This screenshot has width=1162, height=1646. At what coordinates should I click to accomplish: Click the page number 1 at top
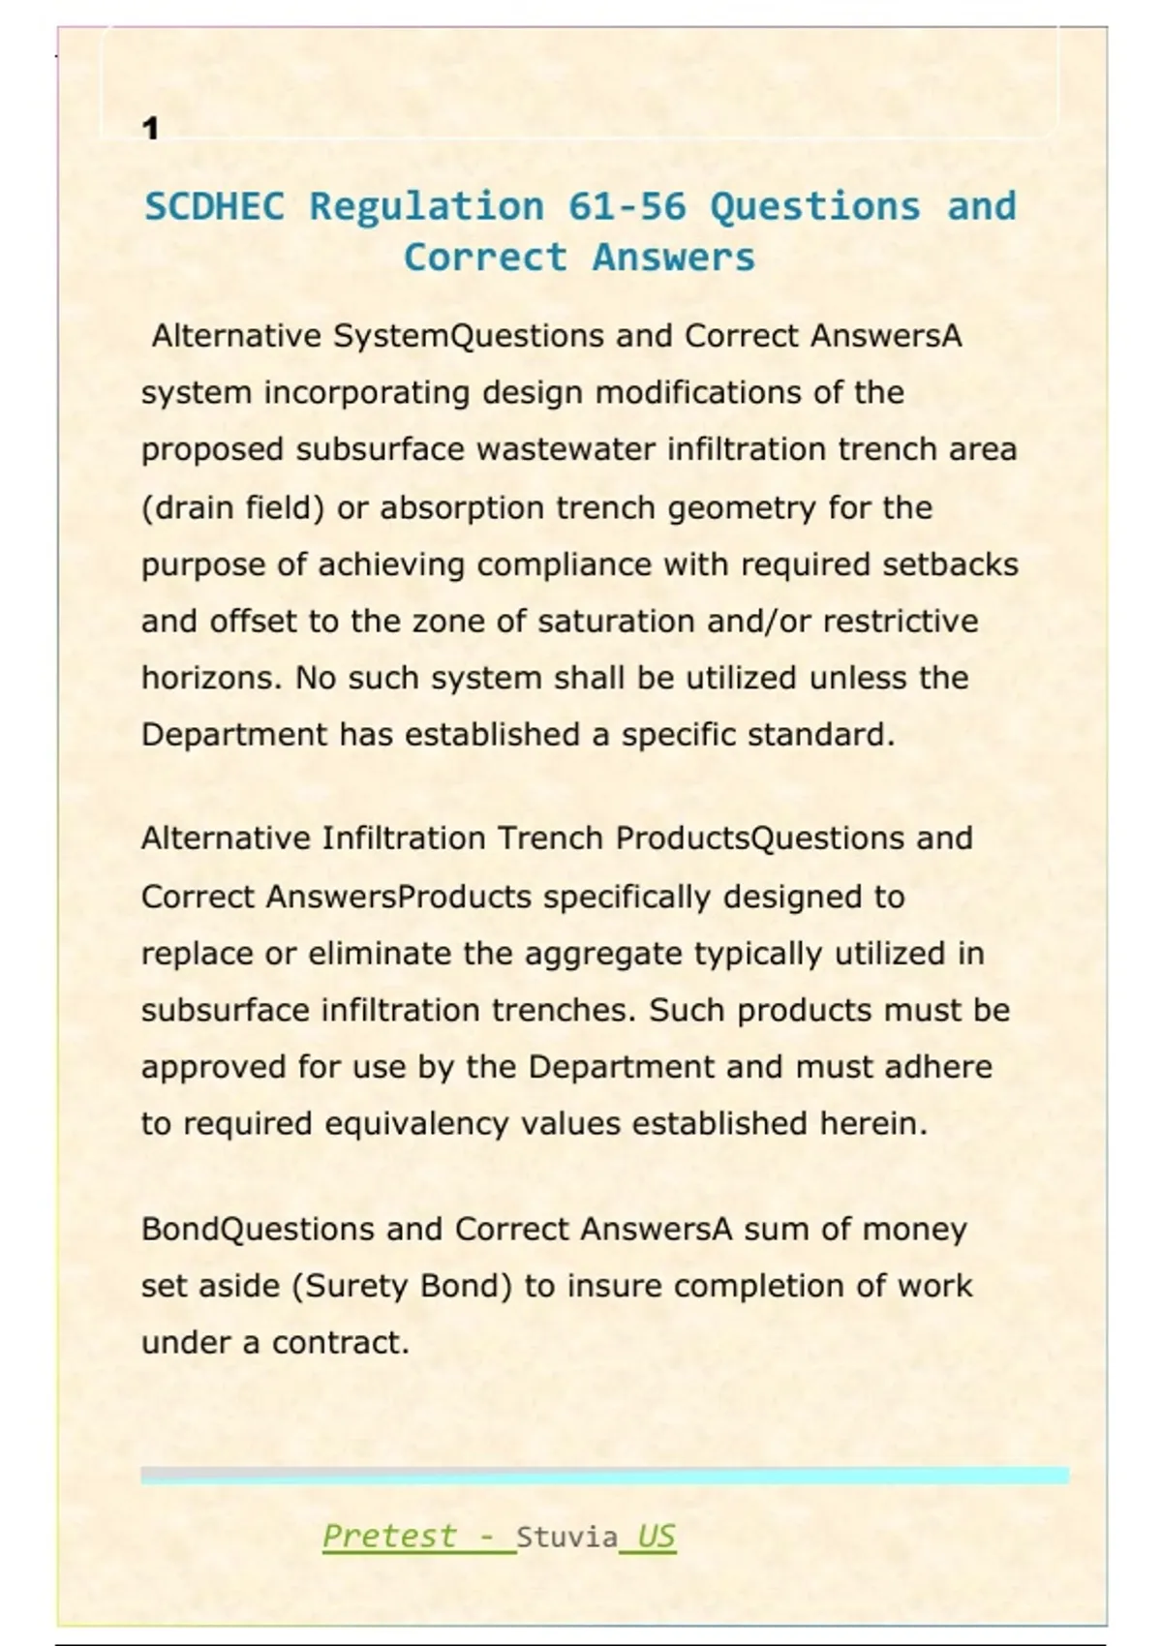click(150, 128)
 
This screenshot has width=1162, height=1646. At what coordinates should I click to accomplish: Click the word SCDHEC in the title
click(215, 206)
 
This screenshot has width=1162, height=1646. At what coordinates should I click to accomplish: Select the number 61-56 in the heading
click(627, 206)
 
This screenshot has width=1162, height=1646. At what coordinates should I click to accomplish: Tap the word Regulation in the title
click(426, 206)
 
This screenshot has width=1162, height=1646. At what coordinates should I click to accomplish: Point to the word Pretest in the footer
click(389, 1536)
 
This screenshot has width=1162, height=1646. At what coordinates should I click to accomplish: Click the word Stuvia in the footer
click(566, 1537)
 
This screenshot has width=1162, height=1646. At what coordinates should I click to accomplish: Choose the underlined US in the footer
click(656, 1536)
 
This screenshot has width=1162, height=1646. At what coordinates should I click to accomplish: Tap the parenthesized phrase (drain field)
click(232, 507)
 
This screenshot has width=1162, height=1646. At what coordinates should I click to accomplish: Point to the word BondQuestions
click(258, 1230)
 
